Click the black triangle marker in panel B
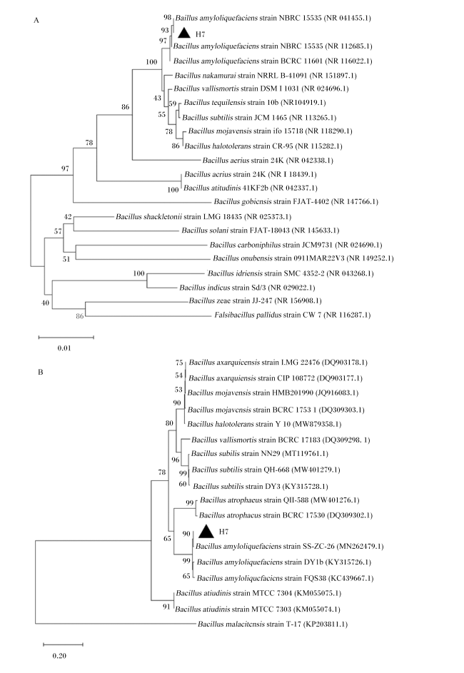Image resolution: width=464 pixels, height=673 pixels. point(206,532)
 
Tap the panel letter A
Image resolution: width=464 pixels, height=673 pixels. point(36,20)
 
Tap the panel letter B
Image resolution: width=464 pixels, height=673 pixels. point(41,372)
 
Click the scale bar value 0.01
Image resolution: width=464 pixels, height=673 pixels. point(64,348)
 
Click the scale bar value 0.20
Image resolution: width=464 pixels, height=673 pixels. point(60,656)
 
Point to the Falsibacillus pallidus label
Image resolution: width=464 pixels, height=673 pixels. point(292,315)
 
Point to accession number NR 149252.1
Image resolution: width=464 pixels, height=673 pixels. point(370,258)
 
